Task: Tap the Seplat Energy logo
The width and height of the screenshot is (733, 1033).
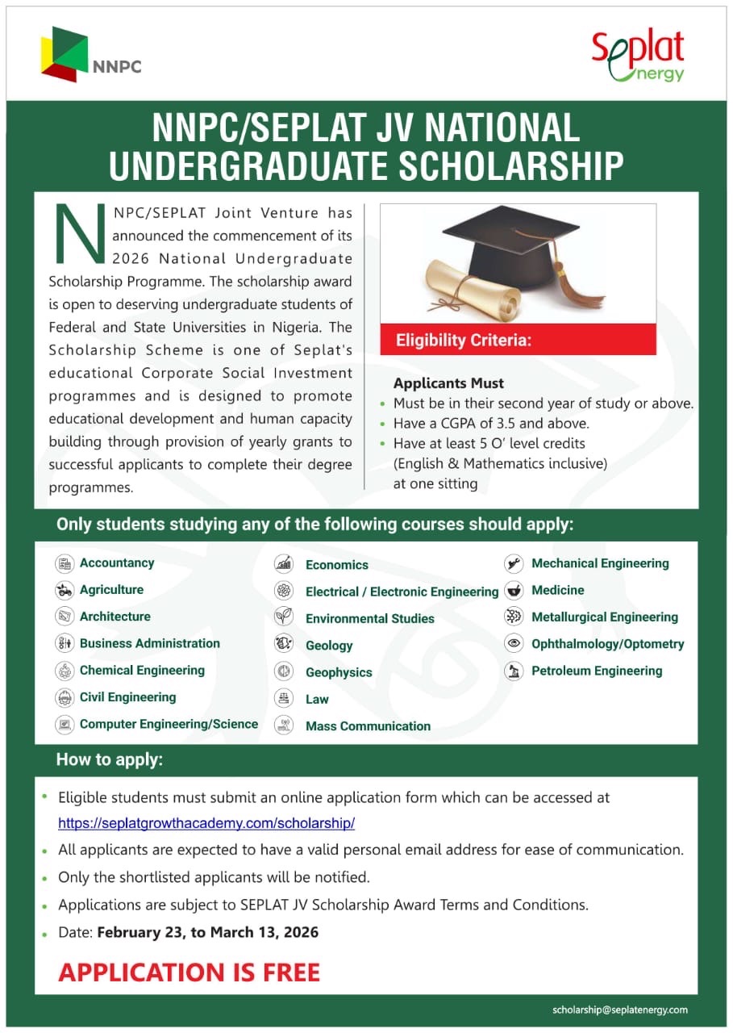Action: [x=637, y=56]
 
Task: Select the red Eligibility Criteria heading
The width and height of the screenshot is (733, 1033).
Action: [x=464, y=341]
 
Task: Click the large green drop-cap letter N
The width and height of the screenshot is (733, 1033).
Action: [x=79, y=233]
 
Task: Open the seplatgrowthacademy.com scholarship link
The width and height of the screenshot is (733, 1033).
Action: [x=206, y=824]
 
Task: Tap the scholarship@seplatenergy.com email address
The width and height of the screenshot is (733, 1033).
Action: [x=619, y=1010]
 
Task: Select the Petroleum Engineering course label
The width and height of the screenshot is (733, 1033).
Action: [x=596, y=671]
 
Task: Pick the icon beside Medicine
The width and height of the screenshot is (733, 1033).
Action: [x=513, y=591]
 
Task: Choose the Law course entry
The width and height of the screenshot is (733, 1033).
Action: [x=317, y=699]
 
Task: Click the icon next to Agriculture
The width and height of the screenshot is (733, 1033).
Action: [x=65, y=590]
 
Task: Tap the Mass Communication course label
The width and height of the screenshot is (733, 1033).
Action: [x=368, y=726]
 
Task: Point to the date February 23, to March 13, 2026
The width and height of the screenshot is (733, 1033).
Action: [x=207, y=932]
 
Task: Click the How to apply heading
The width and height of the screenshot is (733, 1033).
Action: [x=110, y=759]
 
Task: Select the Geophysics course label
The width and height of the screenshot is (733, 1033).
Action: [x=339, y=672]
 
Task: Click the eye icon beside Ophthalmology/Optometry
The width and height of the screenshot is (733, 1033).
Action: [x=513, y=644]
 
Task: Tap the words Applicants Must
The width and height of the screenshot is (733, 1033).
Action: [x=448, y=383]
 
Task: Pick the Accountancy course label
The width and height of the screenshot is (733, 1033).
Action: [x=117, y=563]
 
